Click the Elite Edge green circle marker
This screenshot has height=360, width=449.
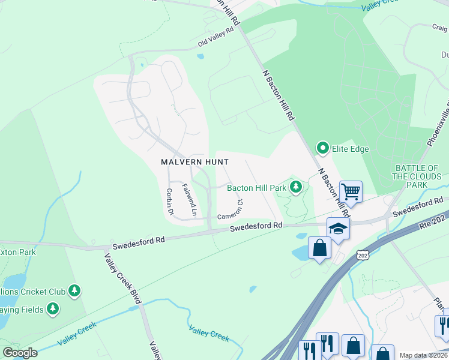pos(323,148)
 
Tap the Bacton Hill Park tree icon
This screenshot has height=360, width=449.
pos(295,188)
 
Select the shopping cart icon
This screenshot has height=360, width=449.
pos(351,192)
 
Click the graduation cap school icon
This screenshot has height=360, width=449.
pos(338,229)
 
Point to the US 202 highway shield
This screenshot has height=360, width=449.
pos(362,255)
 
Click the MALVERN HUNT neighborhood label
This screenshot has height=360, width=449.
pos(186,162)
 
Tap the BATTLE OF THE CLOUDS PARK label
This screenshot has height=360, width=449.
pos(416,176)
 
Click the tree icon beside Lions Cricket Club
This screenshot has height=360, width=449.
pos(74,292)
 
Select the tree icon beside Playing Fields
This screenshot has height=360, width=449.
pos(53,309)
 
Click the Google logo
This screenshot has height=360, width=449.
pos(20,352)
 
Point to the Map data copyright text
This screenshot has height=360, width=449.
pos(423,355)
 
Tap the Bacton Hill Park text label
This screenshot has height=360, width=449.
pos(256,188)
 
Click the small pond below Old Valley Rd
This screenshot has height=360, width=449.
pos(200,57)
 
